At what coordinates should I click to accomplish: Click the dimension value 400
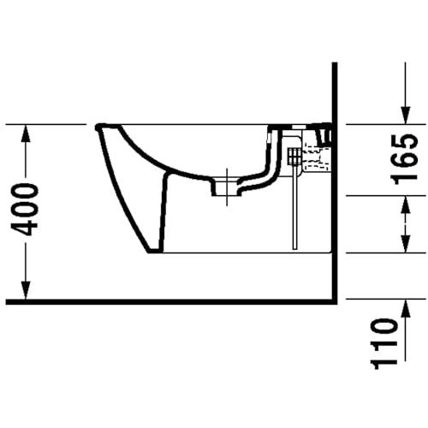(24, 210)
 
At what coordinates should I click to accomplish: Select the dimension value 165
(405, 159)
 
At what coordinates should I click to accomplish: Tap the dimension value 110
(383, 344)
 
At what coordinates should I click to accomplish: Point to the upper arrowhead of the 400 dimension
(26, 134)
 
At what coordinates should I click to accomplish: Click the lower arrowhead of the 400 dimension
(26, 290)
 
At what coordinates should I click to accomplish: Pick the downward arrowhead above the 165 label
(406, 115)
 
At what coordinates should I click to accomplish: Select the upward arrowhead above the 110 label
(406, 308)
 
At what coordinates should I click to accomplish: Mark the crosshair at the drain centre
(227, 187)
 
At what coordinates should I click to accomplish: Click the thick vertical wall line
(335, 182)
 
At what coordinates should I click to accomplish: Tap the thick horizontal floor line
(171, 302)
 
